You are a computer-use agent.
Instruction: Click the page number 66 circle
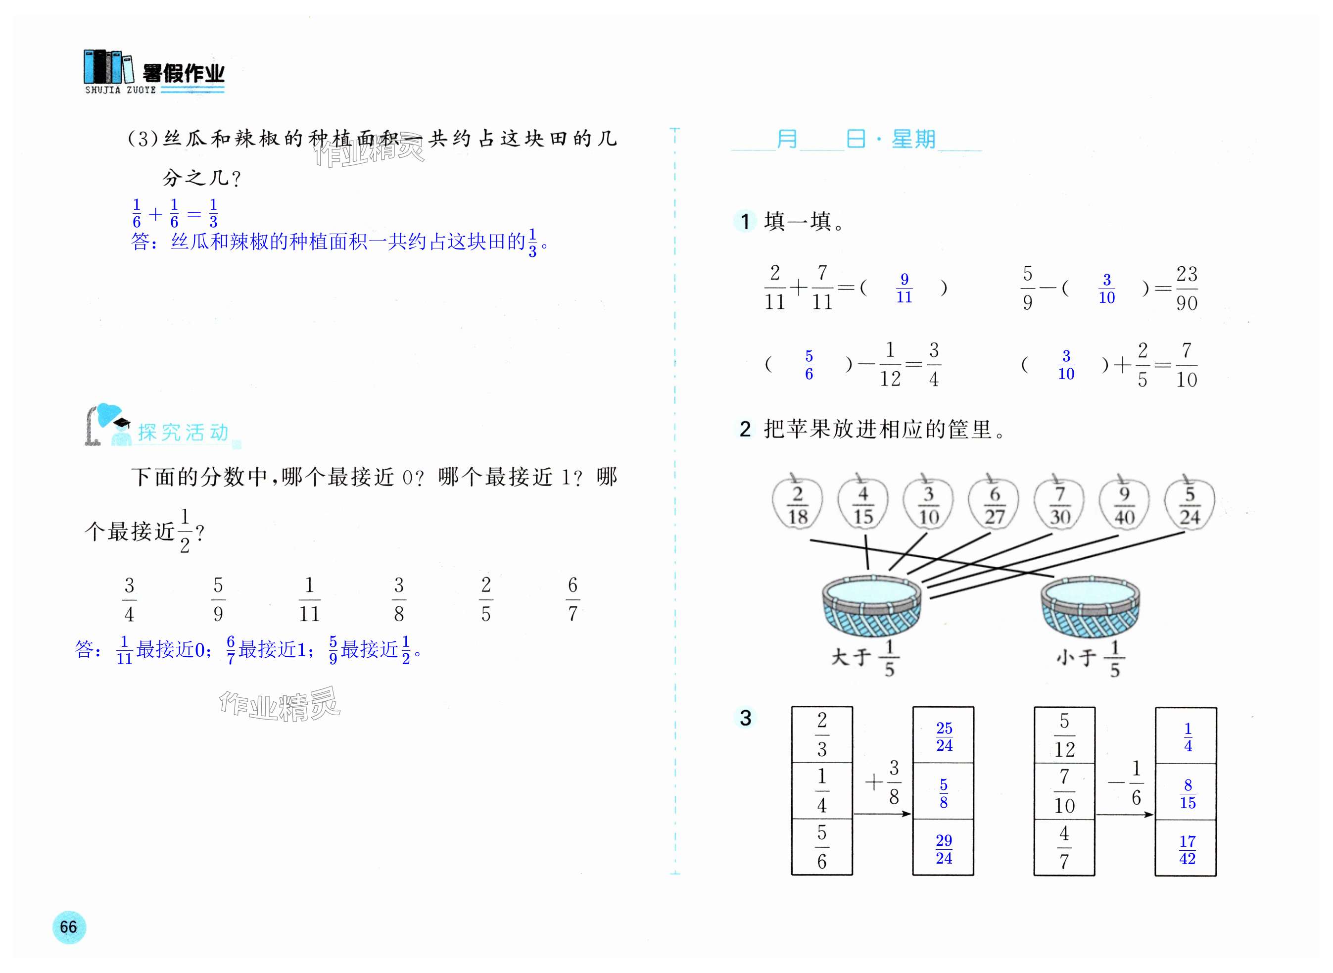pyautogui.click(x=69, y=927)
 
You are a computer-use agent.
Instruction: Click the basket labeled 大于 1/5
pyautogui.click(x=871, y=606)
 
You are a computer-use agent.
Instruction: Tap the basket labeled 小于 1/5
pyautogui.click(x=1090, y=606)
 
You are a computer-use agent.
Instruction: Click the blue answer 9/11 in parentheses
pyautogui.click(x=905, y=288)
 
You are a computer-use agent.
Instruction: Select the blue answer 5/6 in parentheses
pyautogui.click(x=809, y=365)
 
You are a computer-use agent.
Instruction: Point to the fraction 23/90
pyautogui.click(x=1187, y=288)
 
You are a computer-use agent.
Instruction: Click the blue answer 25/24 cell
pyautogui.click(x=944, y=737)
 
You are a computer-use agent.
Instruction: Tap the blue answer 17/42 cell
pyautogui.click(x=1187, y=849)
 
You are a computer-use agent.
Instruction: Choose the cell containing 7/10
pyautogui.click(x=1064, y=791)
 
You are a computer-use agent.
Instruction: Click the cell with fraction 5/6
pyautogui.click(x=822, y=847)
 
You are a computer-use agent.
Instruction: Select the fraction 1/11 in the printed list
pyautogui.click(x=309, y=599)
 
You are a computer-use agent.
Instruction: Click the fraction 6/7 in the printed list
pyautogui.click(x=572, y=599)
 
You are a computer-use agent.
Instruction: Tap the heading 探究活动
pyautogui.click(x=183, y=433)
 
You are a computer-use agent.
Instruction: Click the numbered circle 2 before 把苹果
pyautogui.click(x=745, y=430)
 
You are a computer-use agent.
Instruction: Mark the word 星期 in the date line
pyautogui.click(x=913, y=140)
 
